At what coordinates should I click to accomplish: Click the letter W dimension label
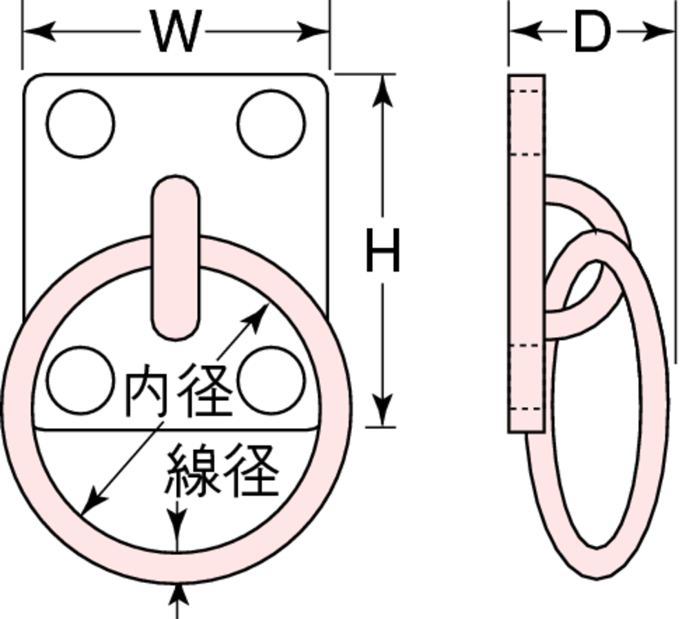(x=176, y=32)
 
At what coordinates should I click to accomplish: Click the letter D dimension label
(x=592, y=32)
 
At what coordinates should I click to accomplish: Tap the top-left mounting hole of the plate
(x=81, y=123)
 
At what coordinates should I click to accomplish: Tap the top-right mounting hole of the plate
(x=271, y=123)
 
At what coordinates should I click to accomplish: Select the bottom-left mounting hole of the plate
(x=81, y=380)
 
